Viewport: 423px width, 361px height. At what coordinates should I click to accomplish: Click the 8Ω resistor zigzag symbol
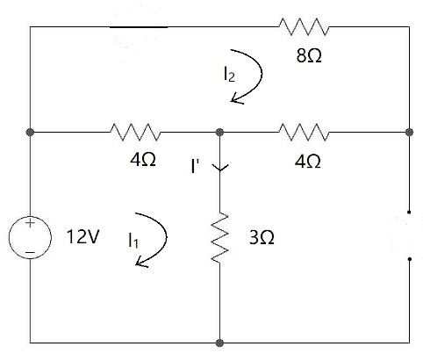point(304,28)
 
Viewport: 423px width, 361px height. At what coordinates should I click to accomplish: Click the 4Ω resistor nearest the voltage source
point(134,132)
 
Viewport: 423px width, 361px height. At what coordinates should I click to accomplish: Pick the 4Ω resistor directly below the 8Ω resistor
point(304,132)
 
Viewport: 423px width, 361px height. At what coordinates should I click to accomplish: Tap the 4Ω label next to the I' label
point(143,162)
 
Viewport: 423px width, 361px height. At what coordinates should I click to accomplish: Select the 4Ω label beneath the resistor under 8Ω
point(307,162)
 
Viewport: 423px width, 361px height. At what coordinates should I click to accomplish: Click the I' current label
point(198,165)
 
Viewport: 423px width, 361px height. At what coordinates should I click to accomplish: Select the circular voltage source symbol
point(30,238)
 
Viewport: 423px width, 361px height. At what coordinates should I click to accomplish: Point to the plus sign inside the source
point(30,225)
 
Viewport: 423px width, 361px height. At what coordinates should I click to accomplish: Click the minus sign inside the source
point(30,251)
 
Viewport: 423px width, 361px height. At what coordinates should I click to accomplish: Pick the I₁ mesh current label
point(132,237)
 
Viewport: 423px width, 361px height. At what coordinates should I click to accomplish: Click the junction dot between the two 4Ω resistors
point(219,132)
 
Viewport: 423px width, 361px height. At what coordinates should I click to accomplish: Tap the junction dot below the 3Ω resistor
point(219,343)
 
